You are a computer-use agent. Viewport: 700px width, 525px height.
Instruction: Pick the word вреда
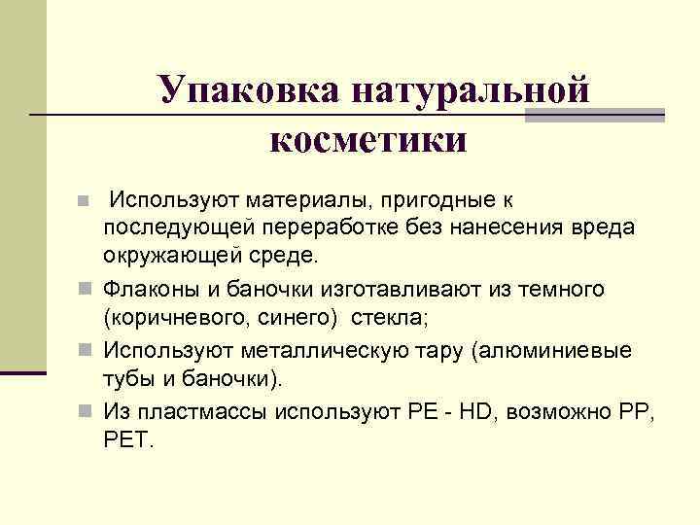(x=603, y=227)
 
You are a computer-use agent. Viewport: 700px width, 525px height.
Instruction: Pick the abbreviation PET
(x=127, y=439)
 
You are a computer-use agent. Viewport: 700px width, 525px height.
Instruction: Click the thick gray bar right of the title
(x=594, y=116)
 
